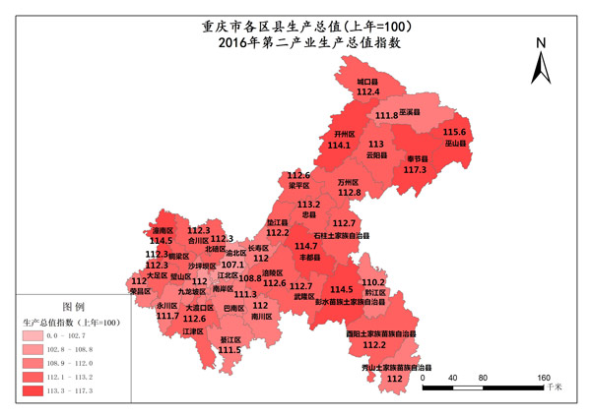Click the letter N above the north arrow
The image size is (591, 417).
tap(540, 43)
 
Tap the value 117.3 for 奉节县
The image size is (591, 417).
tap(415, 170)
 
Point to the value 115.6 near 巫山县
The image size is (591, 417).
tap(455, 132)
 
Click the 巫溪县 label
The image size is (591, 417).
tap(411, 113)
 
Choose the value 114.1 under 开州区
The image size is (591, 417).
tap(339, 145)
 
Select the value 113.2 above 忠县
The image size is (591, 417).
tap(309, 205)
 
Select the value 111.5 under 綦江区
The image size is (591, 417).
tap(230, 349)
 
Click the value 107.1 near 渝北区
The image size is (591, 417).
tap(233, 265)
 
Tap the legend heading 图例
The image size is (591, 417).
tap(74, 306)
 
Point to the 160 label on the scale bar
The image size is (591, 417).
tap(544, 378)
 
